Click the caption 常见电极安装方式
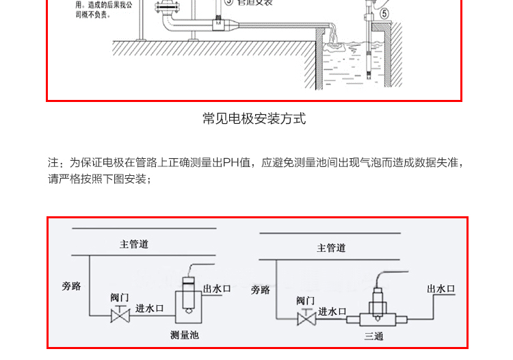254,118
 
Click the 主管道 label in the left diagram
134,244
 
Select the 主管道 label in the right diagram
331,248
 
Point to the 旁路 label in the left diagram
71,286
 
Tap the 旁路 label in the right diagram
260,290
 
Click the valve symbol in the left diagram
120,316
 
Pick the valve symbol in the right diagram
306,320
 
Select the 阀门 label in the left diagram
120,298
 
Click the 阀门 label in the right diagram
306,300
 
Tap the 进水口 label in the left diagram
149,308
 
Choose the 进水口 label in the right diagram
333,311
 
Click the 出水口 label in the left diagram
218,289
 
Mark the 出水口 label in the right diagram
441,289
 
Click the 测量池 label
184,335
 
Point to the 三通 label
373,336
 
